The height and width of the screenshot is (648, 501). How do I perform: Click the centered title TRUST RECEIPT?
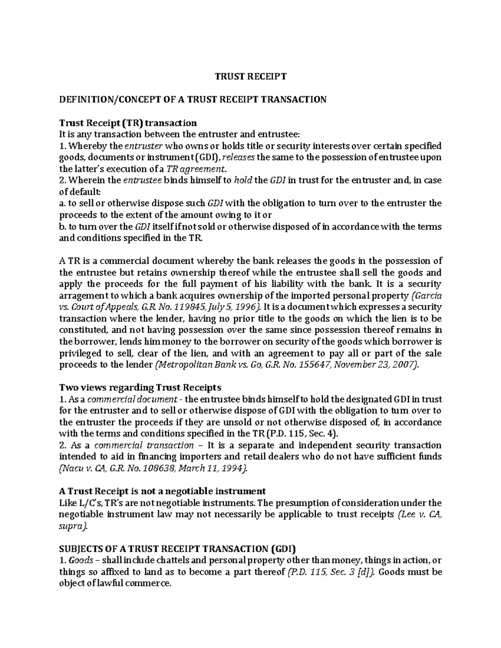point(250,76)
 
